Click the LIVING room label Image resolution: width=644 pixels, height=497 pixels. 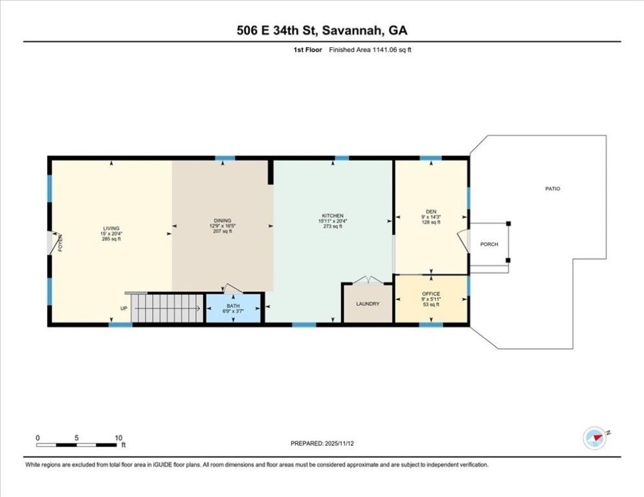[111, 228]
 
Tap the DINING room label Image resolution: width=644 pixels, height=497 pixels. [222, 220]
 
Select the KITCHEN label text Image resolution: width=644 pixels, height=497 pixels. [333, 215]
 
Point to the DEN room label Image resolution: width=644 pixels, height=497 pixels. [431, 211]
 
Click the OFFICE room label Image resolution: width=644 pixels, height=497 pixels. [431, 294]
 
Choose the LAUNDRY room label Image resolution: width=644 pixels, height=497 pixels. [368, 304]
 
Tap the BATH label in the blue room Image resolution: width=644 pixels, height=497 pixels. [234, 305]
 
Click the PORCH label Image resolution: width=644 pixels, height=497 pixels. [489, 244]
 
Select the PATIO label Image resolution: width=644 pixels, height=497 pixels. [552, 189]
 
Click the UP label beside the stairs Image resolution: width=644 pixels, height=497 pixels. [123, 308]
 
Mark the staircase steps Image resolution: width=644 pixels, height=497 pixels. [167, 308]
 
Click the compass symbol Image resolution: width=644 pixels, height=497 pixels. [594, 439]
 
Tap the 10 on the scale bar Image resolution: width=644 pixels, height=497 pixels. [118, 437]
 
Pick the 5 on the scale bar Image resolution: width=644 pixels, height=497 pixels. [76, 437]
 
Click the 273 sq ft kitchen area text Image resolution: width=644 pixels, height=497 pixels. [333, 226]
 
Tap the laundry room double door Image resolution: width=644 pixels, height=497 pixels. [368, 280]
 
